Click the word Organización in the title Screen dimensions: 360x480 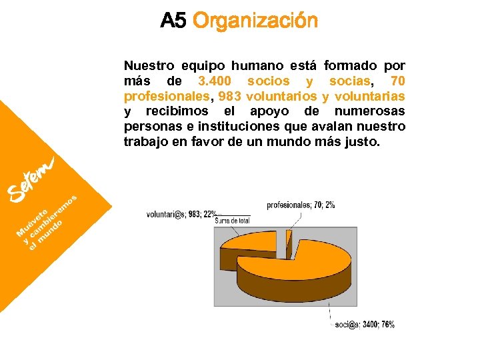(x=255, y=21)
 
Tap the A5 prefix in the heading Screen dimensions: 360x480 (x=173, y=21)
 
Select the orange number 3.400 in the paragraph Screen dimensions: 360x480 (x=215, y=81)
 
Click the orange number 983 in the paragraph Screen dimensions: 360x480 (x=230, y=96)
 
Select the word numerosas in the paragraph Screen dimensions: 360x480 (x=369, y=111)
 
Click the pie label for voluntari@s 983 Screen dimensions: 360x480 (x=181, y=214)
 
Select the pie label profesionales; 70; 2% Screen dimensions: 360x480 (x=301, y=205)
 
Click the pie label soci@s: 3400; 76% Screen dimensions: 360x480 (x=365, y=325)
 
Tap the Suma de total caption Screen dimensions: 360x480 (x=231, y=220)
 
